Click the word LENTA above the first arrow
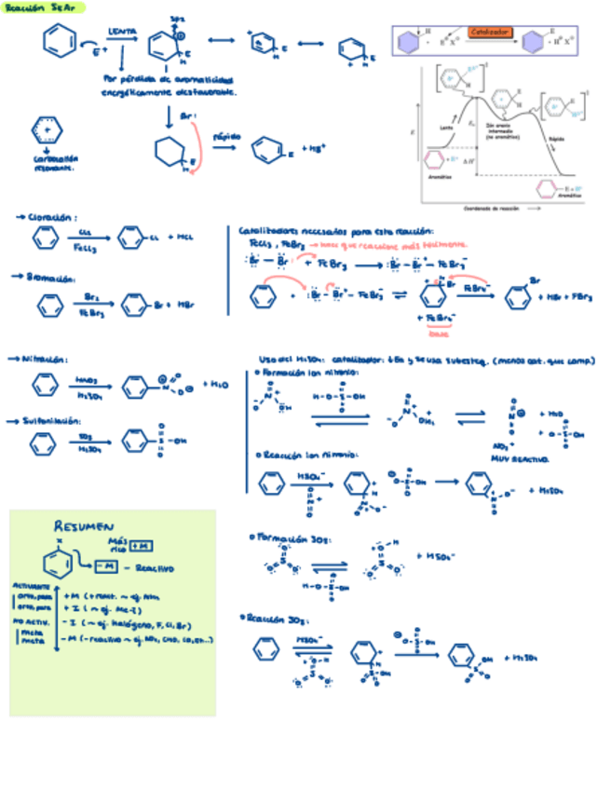[x=121, y=32]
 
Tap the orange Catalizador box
[x=489, y=32]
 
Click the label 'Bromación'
[x=46, y=277]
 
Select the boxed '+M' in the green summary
[x=143, y=544]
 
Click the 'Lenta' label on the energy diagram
[x=447, y=129]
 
